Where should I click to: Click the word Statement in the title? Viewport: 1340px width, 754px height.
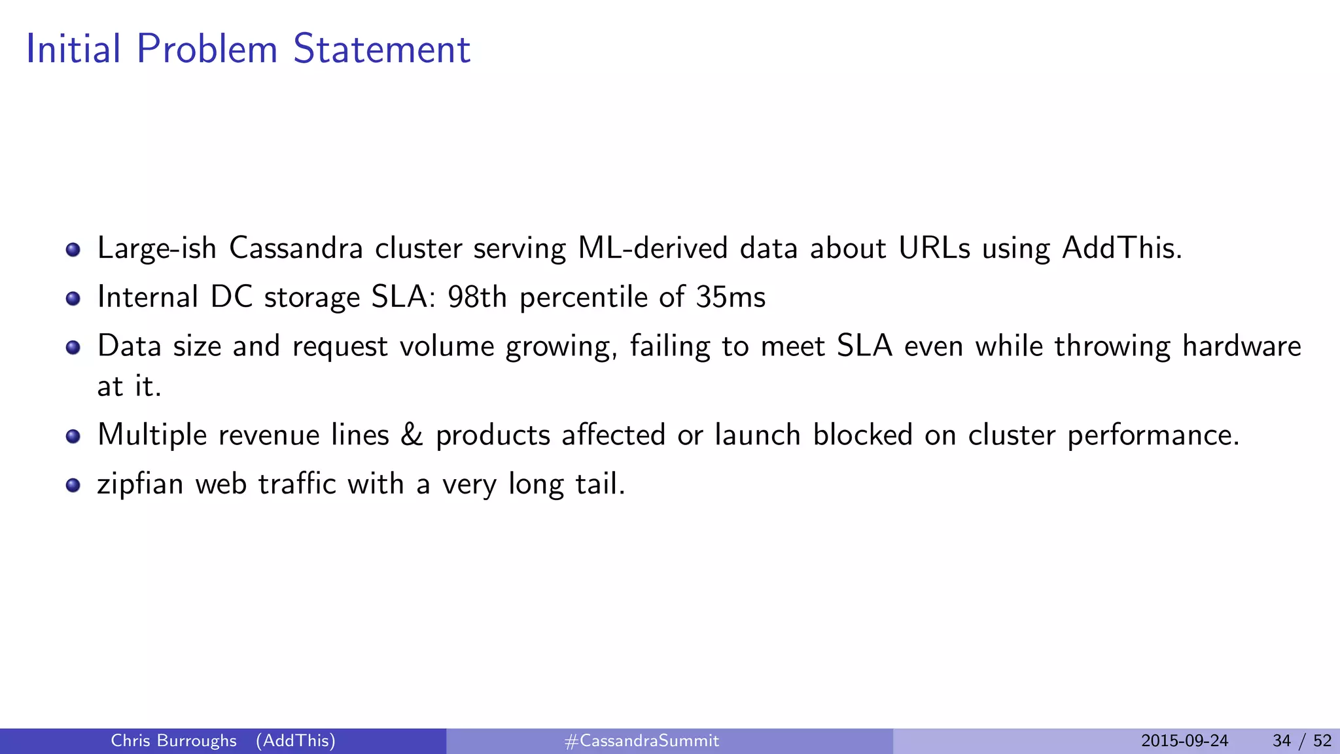tap(381, 49)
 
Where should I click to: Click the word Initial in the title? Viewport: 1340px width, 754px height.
tap(73, 49)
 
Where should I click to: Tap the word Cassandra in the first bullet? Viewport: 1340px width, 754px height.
tap(296, 248)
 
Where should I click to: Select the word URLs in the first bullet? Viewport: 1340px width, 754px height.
tap(934, 248)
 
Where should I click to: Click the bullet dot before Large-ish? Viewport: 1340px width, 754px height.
tap(73, 249)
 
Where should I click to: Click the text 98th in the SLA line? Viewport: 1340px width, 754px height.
tap(477, 297)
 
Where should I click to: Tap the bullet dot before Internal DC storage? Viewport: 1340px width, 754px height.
tap(73, 298)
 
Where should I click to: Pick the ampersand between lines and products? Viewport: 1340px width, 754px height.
tap(412, 435)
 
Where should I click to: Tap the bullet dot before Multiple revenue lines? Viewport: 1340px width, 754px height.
tap(73, 436)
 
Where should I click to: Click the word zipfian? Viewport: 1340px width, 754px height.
tap(140, 485)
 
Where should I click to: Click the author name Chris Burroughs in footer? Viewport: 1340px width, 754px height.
tap(173, 741)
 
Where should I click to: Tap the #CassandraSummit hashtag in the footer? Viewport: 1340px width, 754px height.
tap(641, 741)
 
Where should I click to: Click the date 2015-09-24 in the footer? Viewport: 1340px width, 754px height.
tap(1184, 741)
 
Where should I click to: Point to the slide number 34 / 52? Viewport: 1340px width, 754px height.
tap(1301, 741)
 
